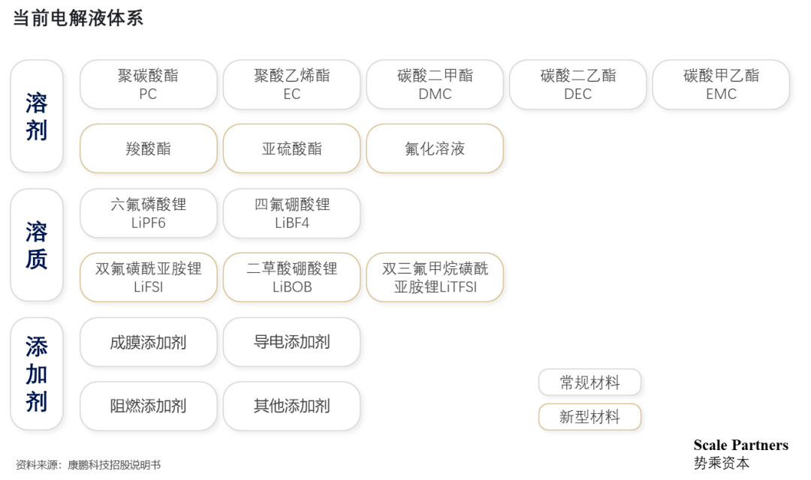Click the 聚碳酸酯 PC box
coord(149,84)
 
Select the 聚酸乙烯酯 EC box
coord(291,84)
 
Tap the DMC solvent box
coord(435,84)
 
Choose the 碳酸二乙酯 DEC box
coord(577,84)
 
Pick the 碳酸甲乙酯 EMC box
coord(721,84)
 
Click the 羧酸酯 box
coord(149,148)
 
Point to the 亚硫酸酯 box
coord(291,148)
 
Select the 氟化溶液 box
coord(435,148)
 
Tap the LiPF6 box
coord(149,213)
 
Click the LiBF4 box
coord(291,213)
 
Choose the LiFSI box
coord(149,277)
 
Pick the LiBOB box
coord(291,277)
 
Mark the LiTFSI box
coord(435,277)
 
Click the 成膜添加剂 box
coord(149,342)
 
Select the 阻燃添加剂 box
coord(149,406)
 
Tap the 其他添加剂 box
coord(291,406)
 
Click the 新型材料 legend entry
coord(589,417)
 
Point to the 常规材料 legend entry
coord(589,382)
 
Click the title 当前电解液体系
coord(78,18)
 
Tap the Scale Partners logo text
coord(740,445)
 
